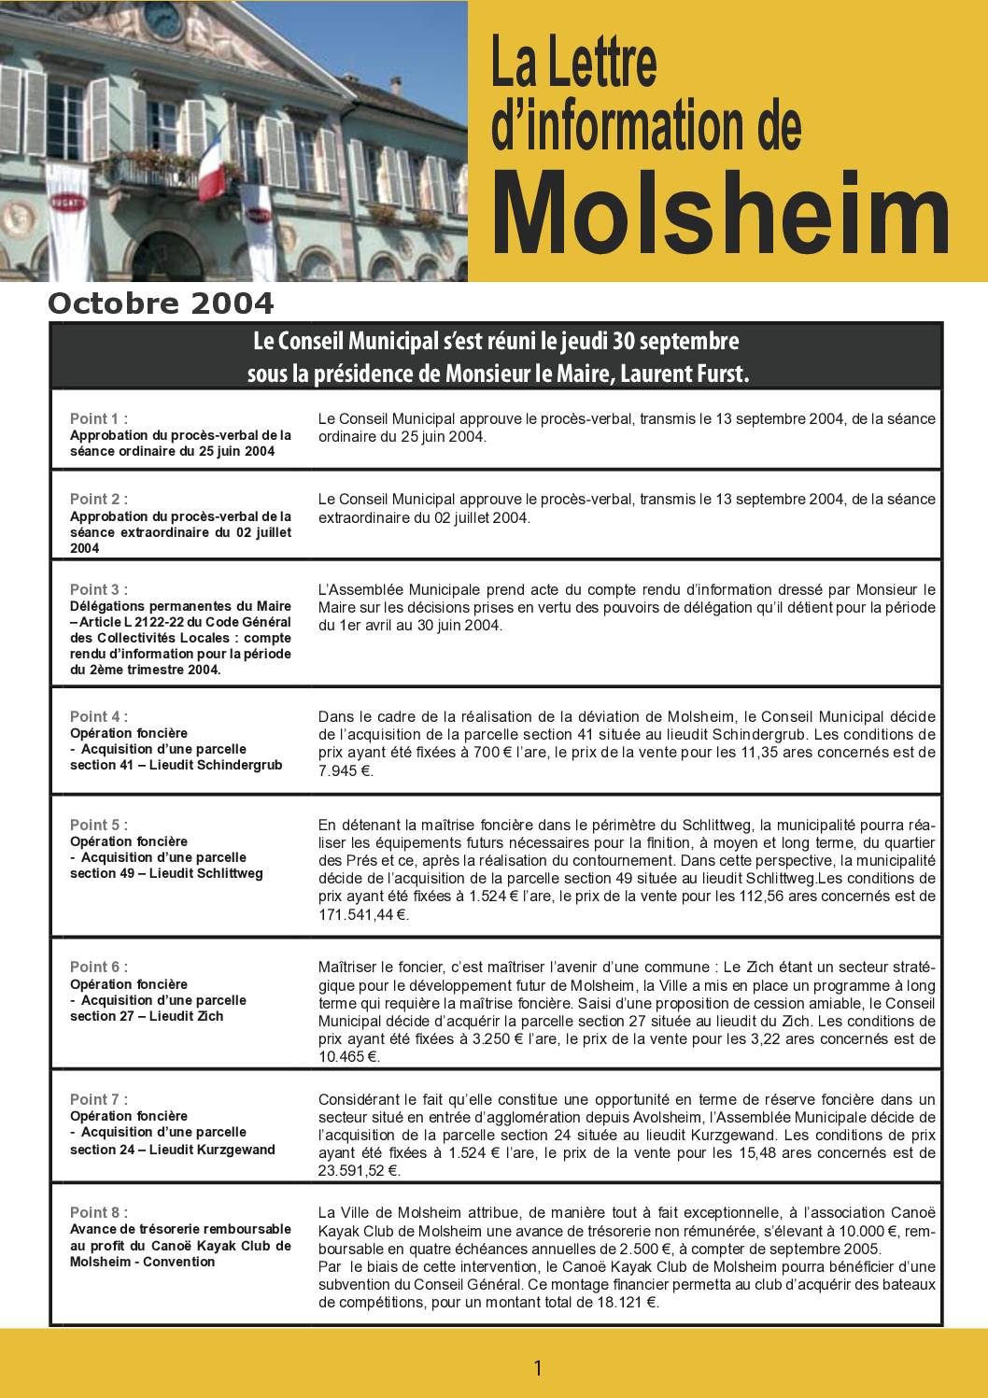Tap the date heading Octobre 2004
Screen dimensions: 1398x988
[161, 304]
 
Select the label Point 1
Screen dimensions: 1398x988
[98, 418]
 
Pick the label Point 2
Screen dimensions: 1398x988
[98, 499]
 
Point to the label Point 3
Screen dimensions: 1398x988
[98, 589]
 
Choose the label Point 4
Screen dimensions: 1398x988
[98, 716]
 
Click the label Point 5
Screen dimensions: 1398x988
[98, 825]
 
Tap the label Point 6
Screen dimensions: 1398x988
[98, 967]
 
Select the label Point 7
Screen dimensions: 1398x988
[98, 1099]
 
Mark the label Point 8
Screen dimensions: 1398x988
[98, 1212]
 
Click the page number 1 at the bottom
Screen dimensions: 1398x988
[537, 1368]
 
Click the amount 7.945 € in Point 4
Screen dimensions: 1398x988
[346, 771]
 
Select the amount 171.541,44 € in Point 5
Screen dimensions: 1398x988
[363, 914]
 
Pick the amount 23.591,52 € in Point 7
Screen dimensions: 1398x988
[360, 1170]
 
